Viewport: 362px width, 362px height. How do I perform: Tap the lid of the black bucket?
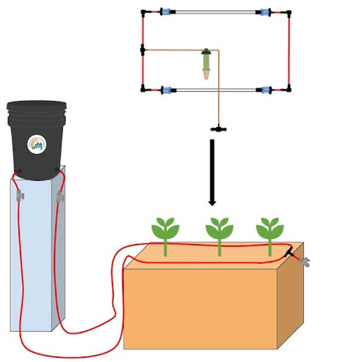[36, 108]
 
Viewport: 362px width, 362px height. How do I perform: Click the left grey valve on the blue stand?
[18, 195]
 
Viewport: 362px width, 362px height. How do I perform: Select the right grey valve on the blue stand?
[61, 197]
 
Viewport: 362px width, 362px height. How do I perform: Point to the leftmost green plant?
[166, 233]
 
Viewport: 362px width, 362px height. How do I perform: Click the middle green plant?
[218, 233]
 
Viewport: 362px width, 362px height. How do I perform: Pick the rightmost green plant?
[269, 233]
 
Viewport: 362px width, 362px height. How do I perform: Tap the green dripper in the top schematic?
[205, 64]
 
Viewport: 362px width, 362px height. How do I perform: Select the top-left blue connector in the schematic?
[165, 13]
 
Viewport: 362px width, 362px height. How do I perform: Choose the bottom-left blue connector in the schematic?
[167, 88]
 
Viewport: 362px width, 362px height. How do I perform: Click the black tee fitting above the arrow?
[216, 130]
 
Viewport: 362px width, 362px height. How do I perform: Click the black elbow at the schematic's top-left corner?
[143, 13]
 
